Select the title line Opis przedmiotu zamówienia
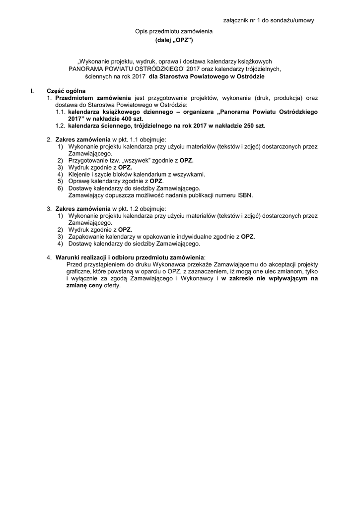click(x=174, y=31)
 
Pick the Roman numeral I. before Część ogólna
click(x=33, y=91)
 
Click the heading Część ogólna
click(x=66, y=91)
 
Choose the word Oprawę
click(x=79, y=181)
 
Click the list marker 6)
click(x=60, y=188)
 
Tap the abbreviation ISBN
click(x=245, y=195)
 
